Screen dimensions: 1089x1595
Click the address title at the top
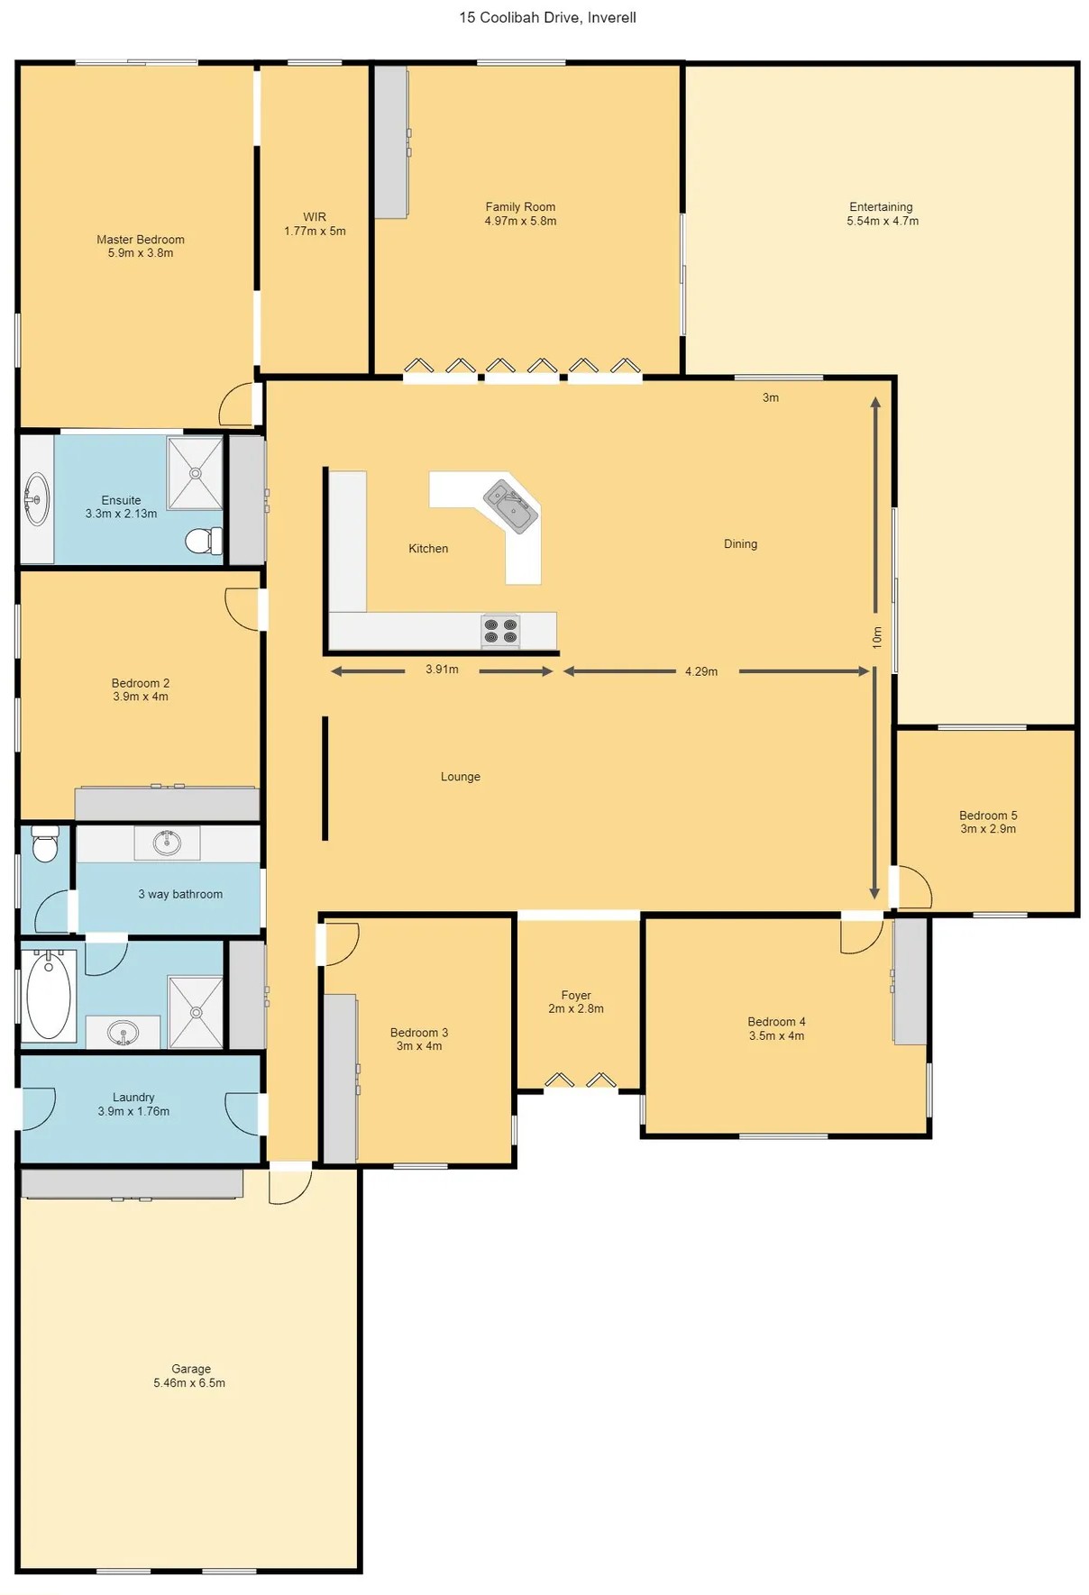pyautogui.click(x=547, y=17)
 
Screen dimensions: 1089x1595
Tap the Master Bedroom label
pyautogui.click(x=141, y=246)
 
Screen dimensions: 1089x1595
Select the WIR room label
pyautogui.click(x=315, y=223)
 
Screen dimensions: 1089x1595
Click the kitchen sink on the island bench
pyautogui.click(x=511, y=507)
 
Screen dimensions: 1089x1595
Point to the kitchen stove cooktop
pyautogui.click(x=500, y=631)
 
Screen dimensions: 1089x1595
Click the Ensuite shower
pyautogui.click(x=195, y=473)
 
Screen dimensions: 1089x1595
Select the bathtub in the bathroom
pyautogui.click(x=49, y=995)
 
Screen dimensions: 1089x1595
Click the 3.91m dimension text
pyautogui.click(x=442, y=670)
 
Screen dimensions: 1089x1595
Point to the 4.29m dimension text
pyautogui.click(x=701, y=671)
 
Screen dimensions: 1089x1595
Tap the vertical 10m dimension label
pyautogui.click(x=877, y=637)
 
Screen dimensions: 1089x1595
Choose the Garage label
pyautogui.click(x=190, y=1375)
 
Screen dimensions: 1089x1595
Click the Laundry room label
pyautogui.click(x=133, y=1104)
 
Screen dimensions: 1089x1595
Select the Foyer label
pyautogui.click(x=576, y=1002)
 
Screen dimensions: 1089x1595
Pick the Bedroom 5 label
pyautogui.click(x=988, y=822)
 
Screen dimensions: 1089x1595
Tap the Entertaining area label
pyautogui.click(x=882, y=214)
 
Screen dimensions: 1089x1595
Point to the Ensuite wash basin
pyautogui.click(x=36, y=498)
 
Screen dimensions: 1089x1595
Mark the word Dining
pyautogui.click(x=740, y=543)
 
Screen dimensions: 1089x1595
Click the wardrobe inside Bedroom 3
pyautogui.click(x=340, y=1078)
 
